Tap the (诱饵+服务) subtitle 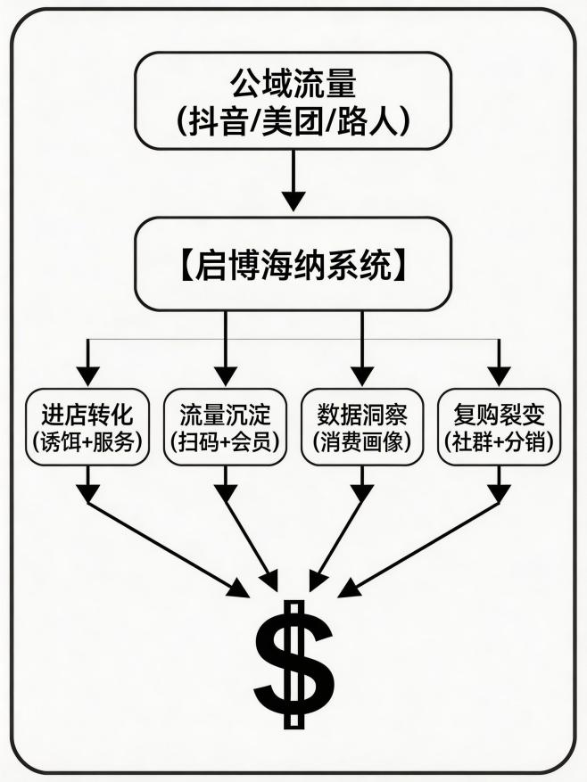pyautogui.click(x=87, y=440)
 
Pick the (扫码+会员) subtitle pyautogui.click(x=224, y=440)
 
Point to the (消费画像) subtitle pyautogui.click(x=361, y=440)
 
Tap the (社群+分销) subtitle pyautogui.click(x=499, y=440)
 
